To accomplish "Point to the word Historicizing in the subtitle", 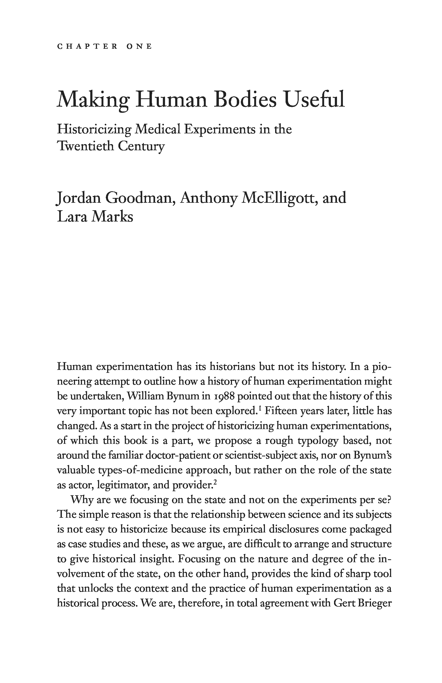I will (94, 130).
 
